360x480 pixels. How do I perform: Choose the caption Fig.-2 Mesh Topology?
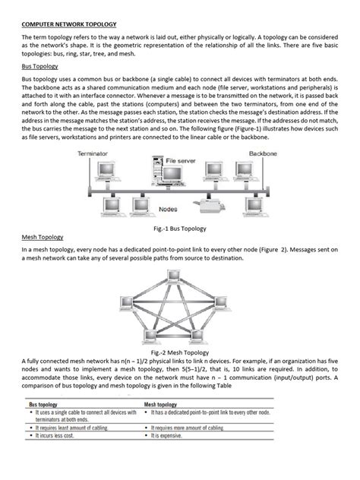point(180,352)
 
